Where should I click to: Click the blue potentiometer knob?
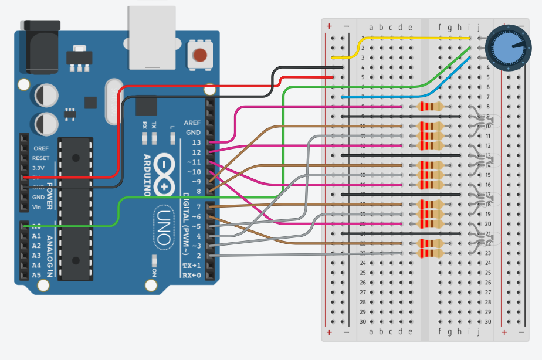click(x=509, y=47)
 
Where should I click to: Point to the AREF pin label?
click(x=192, y=123)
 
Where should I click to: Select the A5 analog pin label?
click(x=36, y=275)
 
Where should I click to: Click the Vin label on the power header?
click(x=37, y=207)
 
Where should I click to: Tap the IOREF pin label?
click(x=40, y=148)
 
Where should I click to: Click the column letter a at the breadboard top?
click(x=371, y=27)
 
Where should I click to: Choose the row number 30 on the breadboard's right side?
click(x=487, y=321)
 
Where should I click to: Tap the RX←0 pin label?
click(x=192, y=275)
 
